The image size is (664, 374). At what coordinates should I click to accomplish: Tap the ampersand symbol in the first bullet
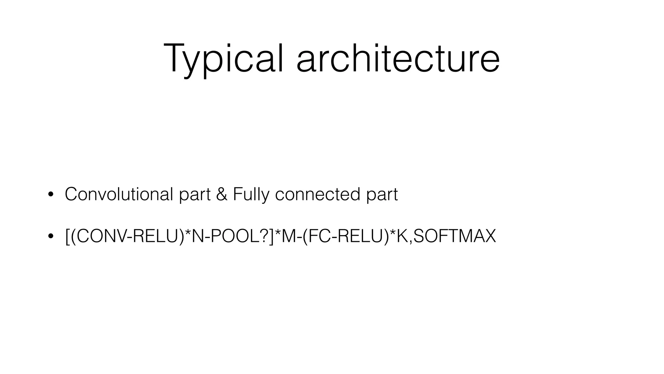221,194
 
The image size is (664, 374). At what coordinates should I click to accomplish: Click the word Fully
251,195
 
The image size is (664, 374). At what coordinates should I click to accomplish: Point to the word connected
317,194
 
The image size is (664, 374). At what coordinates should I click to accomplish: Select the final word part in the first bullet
382,195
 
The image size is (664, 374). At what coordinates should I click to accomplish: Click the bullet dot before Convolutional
50,195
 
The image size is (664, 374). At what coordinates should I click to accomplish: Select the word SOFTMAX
455,236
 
